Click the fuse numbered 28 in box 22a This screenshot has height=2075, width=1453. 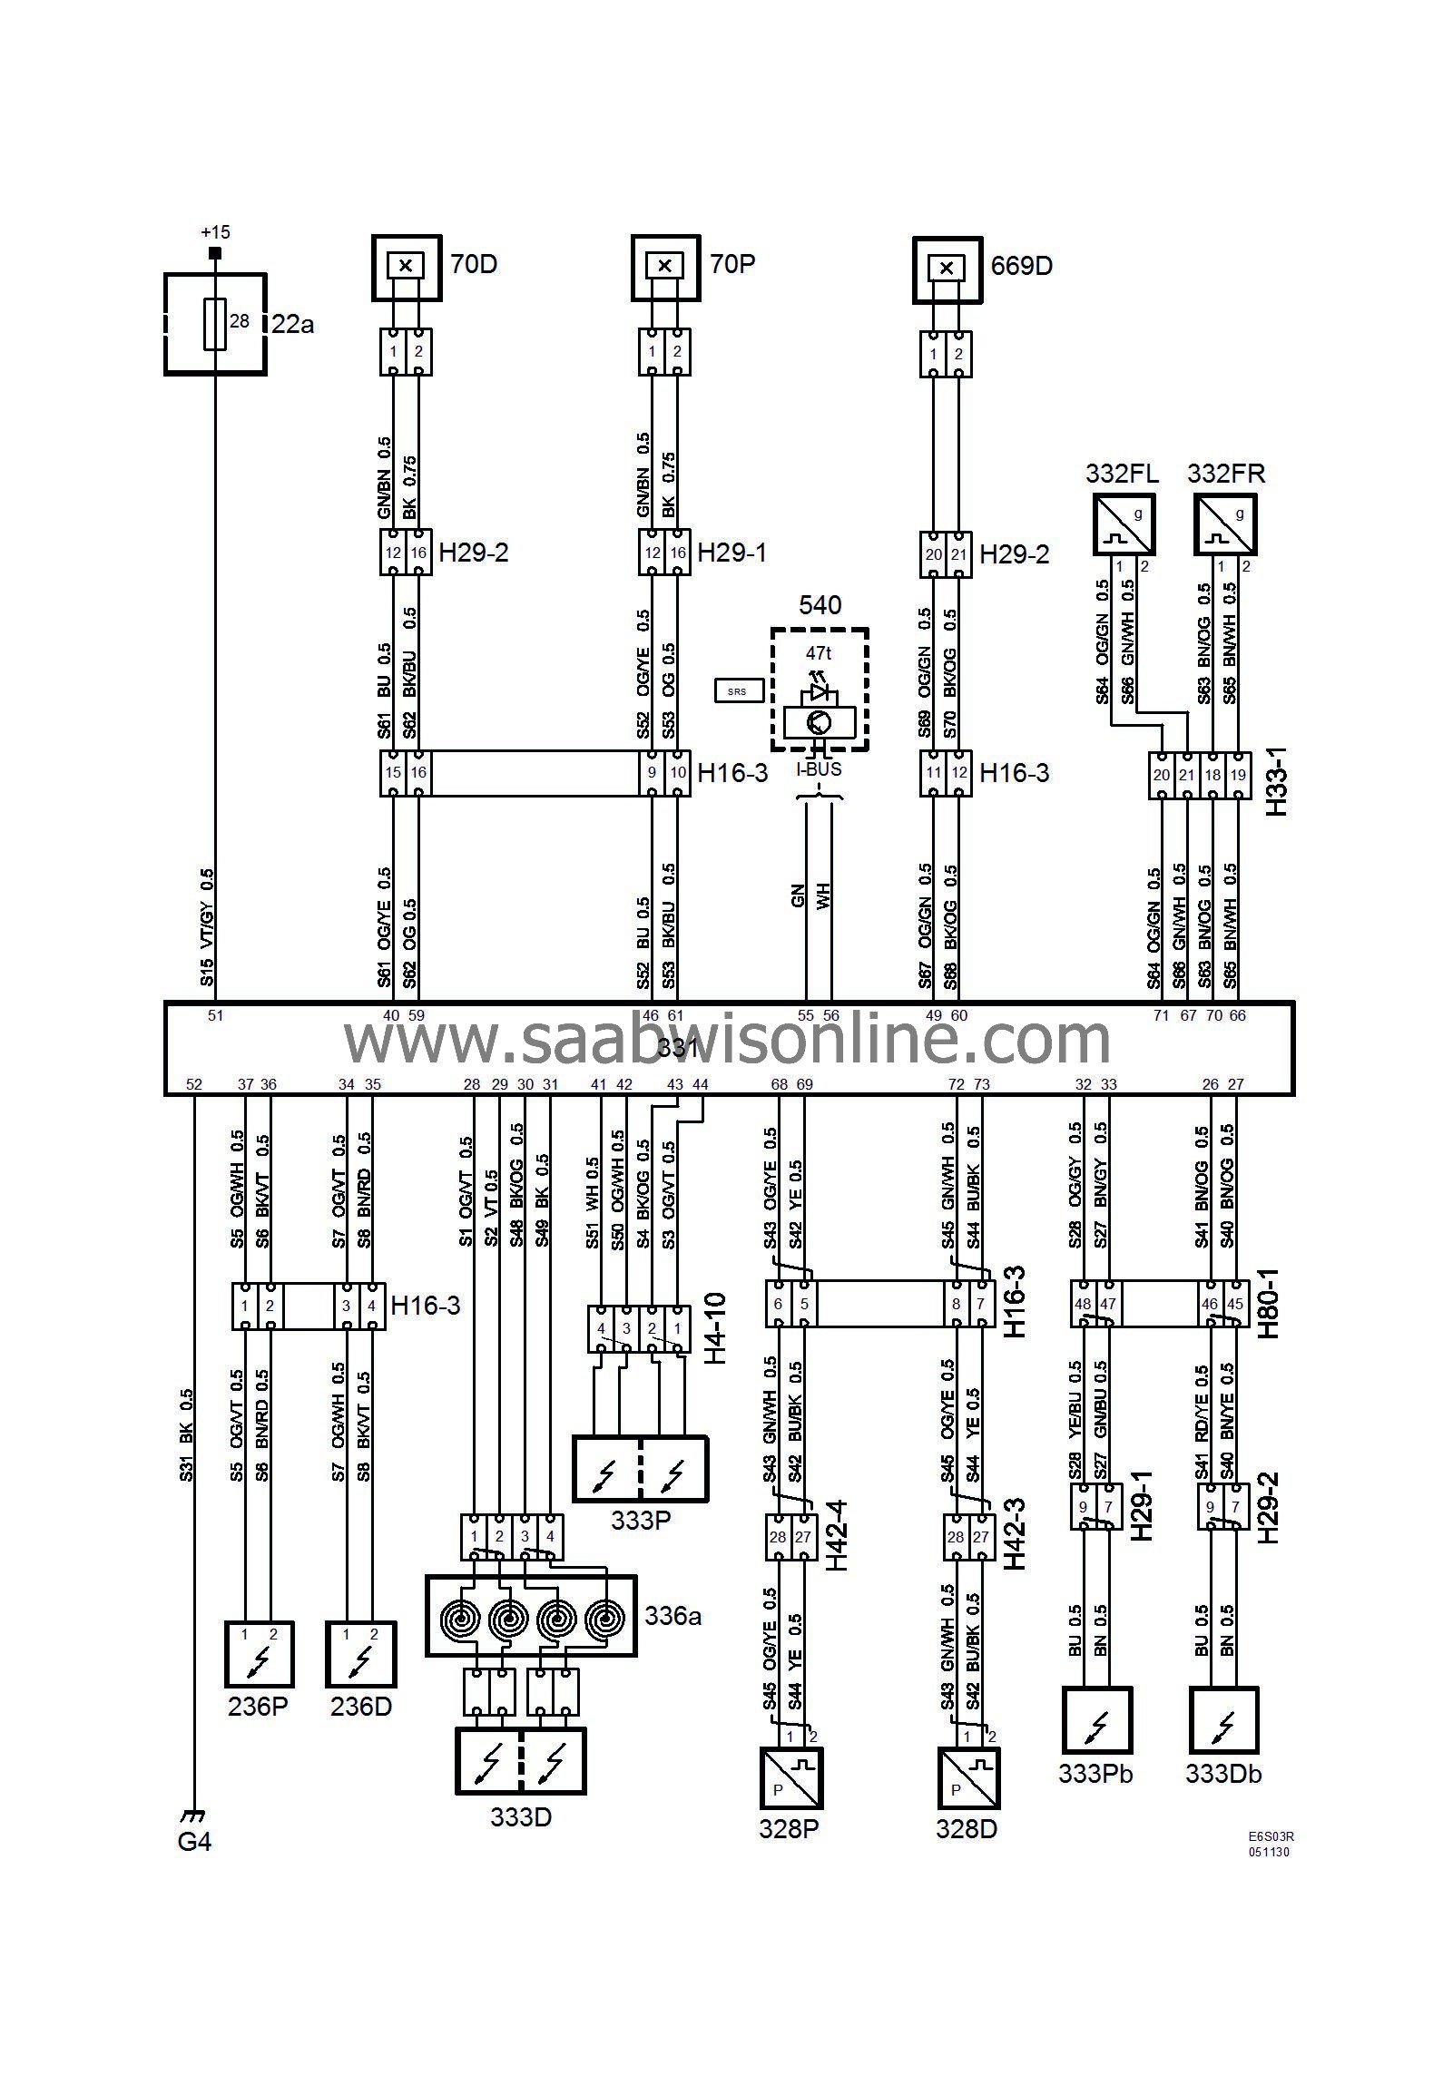(x=215, y=323)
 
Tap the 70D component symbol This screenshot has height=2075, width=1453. (x=406, y=267)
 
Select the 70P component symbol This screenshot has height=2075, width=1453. (x=665, y=267)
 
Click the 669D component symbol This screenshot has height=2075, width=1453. (x=947, y=269)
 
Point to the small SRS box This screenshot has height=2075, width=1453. (x=737, y=691)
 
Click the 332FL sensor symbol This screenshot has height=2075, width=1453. (x=1124, y=524)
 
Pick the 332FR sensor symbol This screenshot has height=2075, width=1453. (x=1226, y=524)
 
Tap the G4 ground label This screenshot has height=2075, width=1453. (x=194, y=1841)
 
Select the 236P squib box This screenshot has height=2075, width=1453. (x=259, y=1653)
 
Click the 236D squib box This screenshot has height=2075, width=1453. (x=360, y=1653)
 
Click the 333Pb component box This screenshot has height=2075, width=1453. (x=1097, y=1720)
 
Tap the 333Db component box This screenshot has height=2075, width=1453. (x=1224, y=1720)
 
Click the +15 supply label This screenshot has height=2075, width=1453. (x=215, y=233)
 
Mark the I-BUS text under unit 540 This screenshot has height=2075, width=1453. (x=819, y=770)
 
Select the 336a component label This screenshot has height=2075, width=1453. (x=673, y=1616)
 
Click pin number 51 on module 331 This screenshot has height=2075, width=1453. (x=215, y=1016)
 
